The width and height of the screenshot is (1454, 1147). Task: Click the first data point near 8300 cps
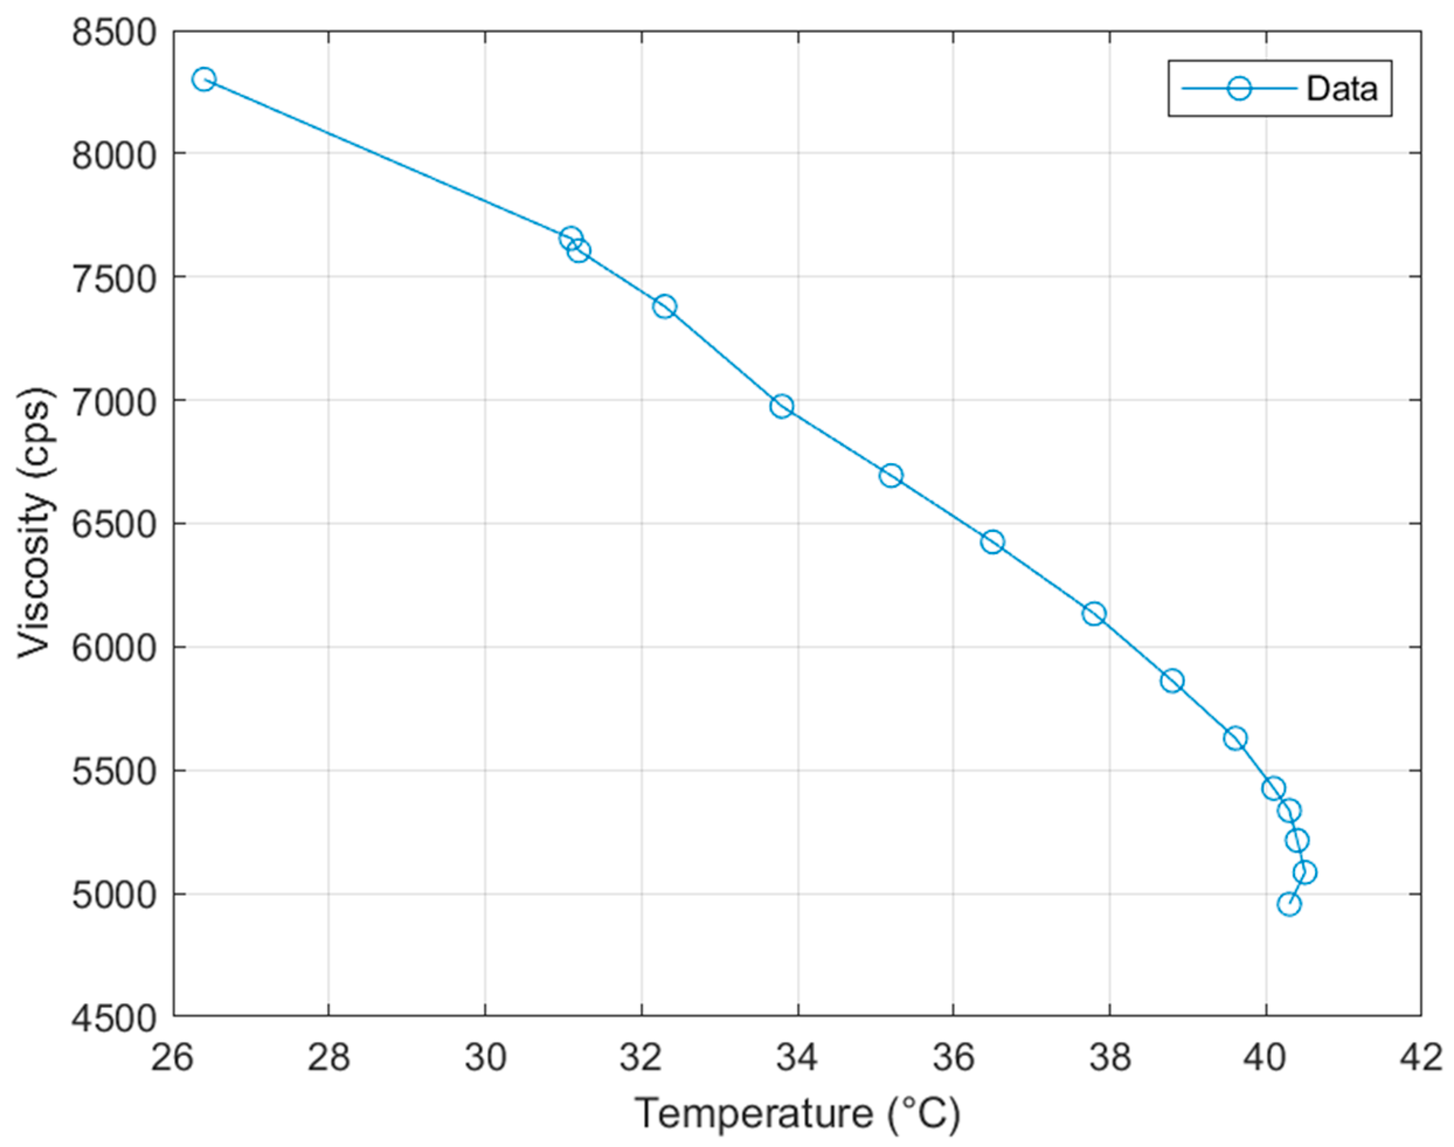(x=203, y=80)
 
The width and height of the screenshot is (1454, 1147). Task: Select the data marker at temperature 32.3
(x=664, y=307)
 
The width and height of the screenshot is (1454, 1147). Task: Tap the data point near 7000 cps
(x=782, y=406)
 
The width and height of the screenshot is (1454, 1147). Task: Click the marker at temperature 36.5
(x=993, y=542)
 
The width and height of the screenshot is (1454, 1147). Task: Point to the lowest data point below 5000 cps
(x=1289, y=904)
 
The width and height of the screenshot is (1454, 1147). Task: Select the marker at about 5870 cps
(x=1172, y=681)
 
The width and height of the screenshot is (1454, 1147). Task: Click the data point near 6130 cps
(x=1094, y=614)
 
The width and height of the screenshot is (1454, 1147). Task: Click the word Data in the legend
(x=1341, y=89)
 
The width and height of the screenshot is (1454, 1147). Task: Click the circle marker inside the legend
(x=1240, y=89)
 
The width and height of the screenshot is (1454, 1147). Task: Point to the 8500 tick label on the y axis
(x=113, y=32)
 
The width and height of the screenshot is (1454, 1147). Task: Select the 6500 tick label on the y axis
(x=113, y=524)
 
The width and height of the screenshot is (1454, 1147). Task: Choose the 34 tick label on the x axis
(x=797, y=1058)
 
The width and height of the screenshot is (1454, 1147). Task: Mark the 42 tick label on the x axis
(x=1421, y=1058)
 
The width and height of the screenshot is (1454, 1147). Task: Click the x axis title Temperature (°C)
(x=797, y=1114)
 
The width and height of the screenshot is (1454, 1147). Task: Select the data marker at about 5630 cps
(x=1235, y=739)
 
